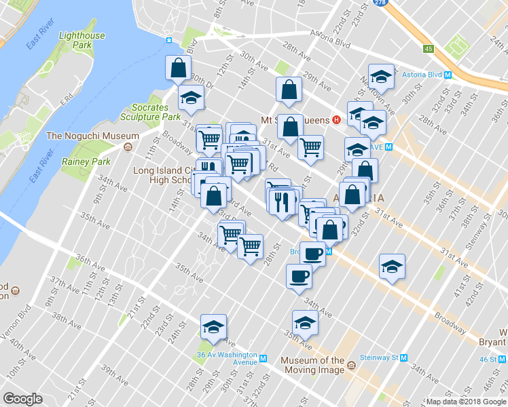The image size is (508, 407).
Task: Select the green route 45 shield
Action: point(428,49)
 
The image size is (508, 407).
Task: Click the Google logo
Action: point(22,399)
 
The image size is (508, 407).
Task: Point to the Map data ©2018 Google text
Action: point(466,402)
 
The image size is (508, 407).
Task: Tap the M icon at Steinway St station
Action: point(404,357)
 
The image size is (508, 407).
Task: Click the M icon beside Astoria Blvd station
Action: point(446,74)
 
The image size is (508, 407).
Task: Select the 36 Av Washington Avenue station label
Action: point(227,358)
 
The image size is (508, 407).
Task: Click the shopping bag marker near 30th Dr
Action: point(178,69)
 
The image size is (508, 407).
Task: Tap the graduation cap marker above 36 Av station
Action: point(213,328)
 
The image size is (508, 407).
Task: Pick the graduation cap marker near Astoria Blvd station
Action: point(381,77)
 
